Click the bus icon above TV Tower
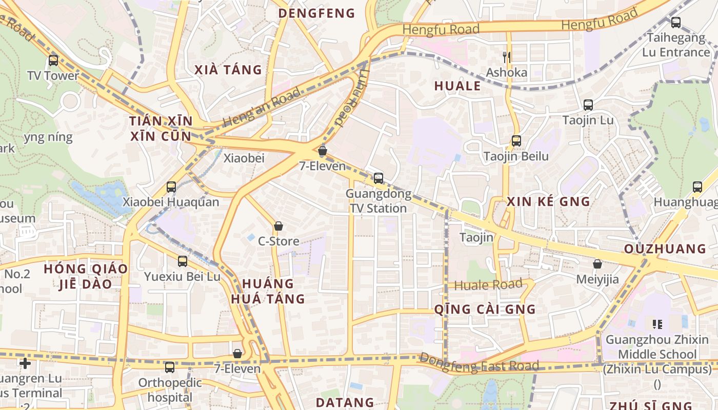(53, 60)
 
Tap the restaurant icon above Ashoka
(507, 57)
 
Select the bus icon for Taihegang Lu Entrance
(676, 23)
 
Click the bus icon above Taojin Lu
(588, 105)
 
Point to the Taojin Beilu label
(516, 156)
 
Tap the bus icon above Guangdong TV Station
(378, 178)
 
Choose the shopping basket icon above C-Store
(278, 225)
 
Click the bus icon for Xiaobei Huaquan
(171, 187)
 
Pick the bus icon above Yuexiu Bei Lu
(183, 261)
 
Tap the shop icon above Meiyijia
(597, 264)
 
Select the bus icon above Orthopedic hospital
(170, 367)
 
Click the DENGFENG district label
(316, 13)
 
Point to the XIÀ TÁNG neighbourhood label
(228, 70)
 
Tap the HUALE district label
(457, 86)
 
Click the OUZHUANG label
(665, 249)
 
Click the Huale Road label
(488, 285)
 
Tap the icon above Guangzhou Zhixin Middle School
(657, 324)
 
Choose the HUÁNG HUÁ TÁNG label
(268, 291)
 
